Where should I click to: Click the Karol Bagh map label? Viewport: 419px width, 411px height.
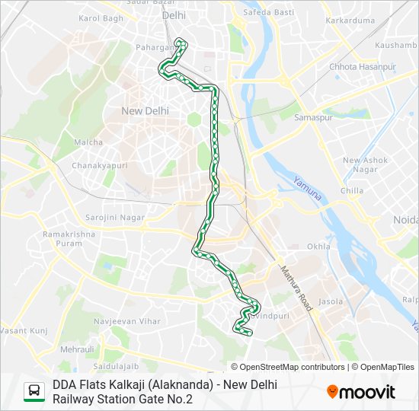(101, 18)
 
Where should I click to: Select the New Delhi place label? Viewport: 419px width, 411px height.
(145, 111)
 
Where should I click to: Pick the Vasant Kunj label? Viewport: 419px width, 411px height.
(24, 330)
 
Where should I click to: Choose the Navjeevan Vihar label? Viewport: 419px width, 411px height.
(126, 321)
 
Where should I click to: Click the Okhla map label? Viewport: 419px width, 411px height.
(318, 247)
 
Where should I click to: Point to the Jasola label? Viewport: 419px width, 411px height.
(331, 301)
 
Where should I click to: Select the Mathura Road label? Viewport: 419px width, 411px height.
(296, 288)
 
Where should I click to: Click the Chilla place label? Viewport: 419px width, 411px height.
(352, 191)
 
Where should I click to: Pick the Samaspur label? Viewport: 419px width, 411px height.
(311, 118)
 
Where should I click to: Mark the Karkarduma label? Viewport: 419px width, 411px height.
(350, 21)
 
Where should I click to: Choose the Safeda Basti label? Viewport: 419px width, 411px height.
(268, 12)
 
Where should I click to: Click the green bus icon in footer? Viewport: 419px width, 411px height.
(34, 391)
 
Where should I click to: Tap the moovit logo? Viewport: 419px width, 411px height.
(361, 392)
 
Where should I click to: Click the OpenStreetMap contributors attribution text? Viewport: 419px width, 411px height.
(292, 367)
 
